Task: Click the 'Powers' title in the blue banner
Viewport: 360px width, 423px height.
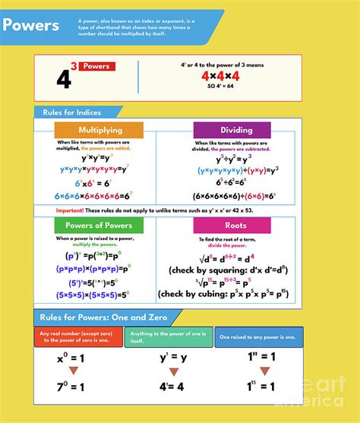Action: point(31,25)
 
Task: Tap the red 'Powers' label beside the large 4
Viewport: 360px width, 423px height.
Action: point(96,67)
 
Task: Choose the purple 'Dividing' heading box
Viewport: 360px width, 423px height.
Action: point(231,130)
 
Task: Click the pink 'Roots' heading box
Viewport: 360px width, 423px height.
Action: point(231,226)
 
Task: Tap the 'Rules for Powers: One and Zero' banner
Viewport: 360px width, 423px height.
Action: point(99,317)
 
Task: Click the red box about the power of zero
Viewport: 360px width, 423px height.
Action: point(78,336)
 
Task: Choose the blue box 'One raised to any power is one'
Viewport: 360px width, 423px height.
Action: point(258,336)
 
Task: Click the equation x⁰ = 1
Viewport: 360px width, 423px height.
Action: point(78,357)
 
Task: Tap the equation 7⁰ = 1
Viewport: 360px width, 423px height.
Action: point(78,387)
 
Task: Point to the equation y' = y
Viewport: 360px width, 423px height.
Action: point(173,357)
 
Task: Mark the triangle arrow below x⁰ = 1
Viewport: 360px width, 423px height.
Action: point(78,372)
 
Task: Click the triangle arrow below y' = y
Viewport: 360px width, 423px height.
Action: point(173,372)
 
